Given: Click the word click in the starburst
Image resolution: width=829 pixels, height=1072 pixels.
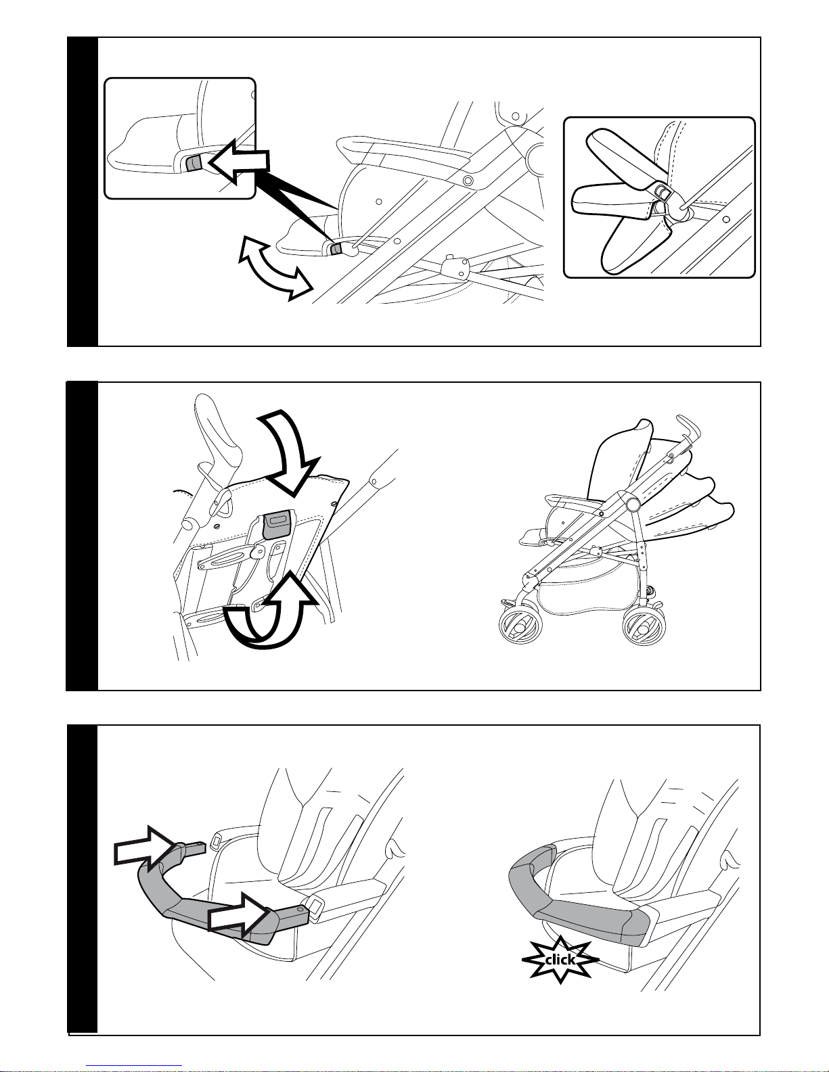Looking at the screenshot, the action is click(560, 960).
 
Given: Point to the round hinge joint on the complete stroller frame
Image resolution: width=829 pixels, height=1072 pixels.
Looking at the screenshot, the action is click(632, 504).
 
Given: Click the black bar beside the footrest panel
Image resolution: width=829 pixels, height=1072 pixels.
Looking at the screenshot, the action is click(83, 191).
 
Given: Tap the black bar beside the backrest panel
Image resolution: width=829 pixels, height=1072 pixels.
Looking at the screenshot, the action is click(83, 536).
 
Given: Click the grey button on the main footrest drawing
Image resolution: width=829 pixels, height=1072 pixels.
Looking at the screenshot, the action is click(336, 249).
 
